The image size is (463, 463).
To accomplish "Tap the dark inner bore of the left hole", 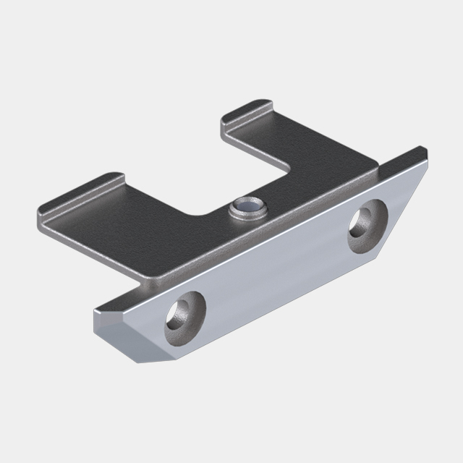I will click(x=178, y=314).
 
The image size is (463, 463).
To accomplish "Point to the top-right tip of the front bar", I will click(x=425, y=150).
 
